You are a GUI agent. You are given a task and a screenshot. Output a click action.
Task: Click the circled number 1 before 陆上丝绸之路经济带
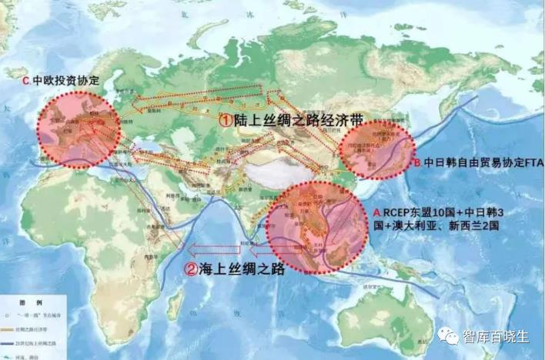point(225,121)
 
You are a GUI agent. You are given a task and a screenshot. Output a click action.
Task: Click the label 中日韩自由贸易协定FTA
point(483,163)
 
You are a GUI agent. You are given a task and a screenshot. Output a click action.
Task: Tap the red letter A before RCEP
point(376,212)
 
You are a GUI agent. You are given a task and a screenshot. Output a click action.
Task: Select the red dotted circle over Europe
point(75,129)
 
